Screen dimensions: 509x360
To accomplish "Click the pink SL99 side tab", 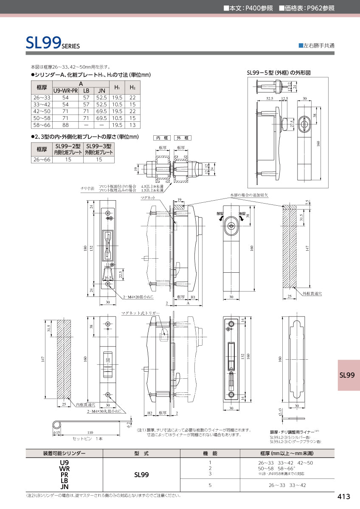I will click(347, 375).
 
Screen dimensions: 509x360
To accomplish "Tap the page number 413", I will click(343, 497).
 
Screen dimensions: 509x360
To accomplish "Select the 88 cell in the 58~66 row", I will click(65, 125).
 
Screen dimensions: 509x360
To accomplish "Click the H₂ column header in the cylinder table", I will click(132, 87).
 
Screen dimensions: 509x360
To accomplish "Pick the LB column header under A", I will click(86, 91).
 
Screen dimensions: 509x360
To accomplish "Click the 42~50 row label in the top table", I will click(42, 111).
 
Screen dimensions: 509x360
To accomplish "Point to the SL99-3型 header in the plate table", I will click(98, 146).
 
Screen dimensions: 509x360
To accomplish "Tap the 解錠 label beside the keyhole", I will click(220, 214).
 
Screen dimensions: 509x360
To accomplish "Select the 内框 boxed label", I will click(161, 138).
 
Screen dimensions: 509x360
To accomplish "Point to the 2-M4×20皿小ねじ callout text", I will click(138, 297).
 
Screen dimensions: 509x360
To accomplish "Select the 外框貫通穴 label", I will click(312, 294).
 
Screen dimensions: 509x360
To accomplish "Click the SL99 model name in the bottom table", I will click(141, 475).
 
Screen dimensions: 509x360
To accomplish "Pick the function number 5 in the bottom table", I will click(210, 485).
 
